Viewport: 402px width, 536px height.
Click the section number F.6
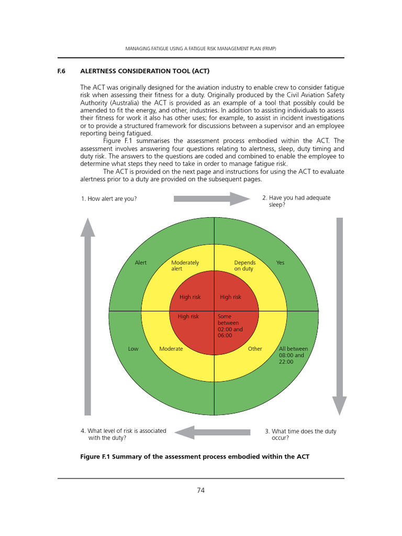tap(61, 71)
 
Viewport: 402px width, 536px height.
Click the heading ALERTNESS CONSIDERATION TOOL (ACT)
tap(145, 71)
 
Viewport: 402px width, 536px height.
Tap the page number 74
tap(200, 490)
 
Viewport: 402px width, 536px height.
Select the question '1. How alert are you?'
tap(109, 199)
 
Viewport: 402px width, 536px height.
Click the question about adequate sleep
tap(296, 202)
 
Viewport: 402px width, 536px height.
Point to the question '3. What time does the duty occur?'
tap(300, 434)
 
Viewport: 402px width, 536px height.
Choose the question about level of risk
tap(124, 434)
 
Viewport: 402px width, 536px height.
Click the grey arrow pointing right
tap(211, 198)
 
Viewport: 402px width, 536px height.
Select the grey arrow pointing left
tap(212, 432)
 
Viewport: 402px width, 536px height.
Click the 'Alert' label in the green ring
tap(141, 263)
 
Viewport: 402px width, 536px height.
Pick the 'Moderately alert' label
tap(185, 265)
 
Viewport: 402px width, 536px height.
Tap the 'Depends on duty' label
tap(244, 265)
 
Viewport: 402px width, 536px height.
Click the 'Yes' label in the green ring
tap(280, 263)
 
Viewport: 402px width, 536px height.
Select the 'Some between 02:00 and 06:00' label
tap(230, 326)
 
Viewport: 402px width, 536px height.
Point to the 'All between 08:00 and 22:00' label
tap(293, 355)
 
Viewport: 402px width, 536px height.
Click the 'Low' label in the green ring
tap(133, 349)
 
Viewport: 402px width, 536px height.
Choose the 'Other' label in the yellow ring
tap(255, 349)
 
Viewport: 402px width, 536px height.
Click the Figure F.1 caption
tap(195, 456)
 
